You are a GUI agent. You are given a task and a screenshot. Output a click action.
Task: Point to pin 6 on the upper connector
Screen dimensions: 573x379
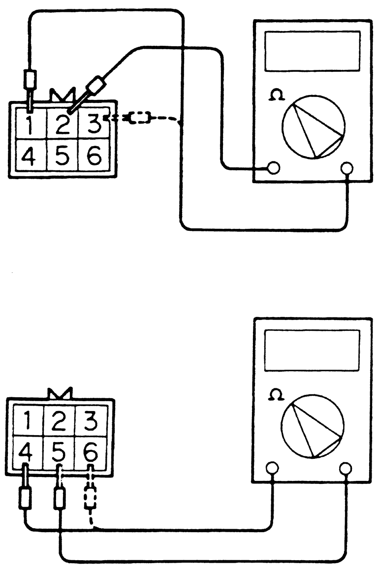94,156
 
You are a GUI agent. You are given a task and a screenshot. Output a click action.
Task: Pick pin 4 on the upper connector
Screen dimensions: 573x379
29,156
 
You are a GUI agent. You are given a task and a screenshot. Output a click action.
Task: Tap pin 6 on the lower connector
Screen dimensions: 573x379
91,450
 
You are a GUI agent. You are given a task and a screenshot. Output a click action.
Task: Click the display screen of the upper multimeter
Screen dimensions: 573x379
312,51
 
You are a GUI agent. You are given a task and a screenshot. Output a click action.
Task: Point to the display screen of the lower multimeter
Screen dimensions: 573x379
312,350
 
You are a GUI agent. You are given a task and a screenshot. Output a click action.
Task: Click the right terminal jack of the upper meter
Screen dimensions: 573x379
348,168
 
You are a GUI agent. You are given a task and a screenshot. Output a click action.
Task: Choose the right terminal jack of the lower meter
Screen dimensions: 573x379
346,468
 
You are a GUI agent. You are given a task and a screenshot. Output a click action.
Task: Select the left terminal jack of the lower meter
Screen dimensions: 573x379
271,468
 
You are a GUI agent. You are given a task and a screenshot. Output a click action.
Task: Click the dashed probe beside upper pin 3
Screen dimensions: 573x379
140,118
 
